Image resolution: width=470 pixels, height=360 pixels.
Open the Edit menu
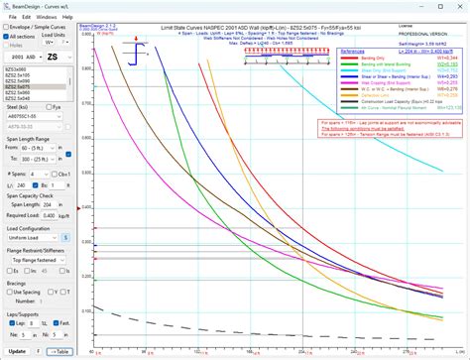(x=24, y=17)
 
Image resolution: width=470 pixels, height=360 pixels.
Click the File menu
(x=8, y=17)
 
